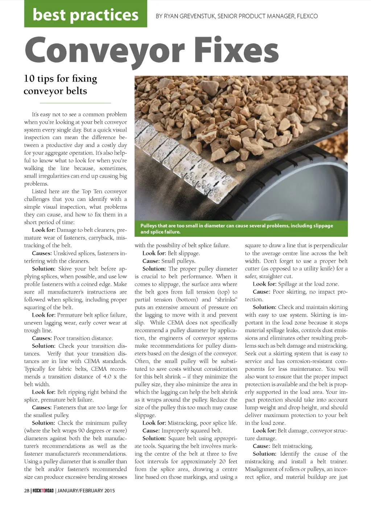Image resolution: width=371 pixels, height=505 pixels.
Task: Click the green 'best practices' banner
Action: pos(86,14)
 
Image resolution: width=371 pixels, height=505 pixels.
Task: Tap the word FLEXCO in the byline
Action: pos(307,16)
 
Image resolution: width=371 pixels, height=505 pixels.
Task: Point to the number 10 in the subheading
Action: pos(29,79)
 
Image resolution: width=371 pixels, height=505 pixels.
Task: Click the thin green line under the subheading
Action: pos(67,103)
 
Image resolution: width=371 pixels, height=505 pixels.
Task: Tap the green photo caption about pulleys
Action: pos(241,228)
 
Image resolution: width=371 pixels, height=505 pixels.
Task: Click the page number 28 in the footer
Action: pos(27,491)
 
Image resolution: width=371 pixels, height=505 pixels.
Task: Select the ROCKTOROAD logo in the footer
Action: pos(43,491)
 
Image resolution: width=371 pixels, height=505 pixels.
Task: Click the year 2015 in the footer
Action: pos(110,491)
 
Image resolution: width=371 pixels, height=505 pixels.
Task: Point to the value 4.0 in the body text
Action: pos(107,377)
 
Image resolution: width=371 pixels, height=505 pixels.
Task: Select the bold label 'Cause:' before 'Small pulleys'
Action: pos(151,261)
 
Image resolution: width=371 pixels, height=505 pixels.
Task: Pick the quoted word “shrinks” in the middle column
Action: pos(226,300)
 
